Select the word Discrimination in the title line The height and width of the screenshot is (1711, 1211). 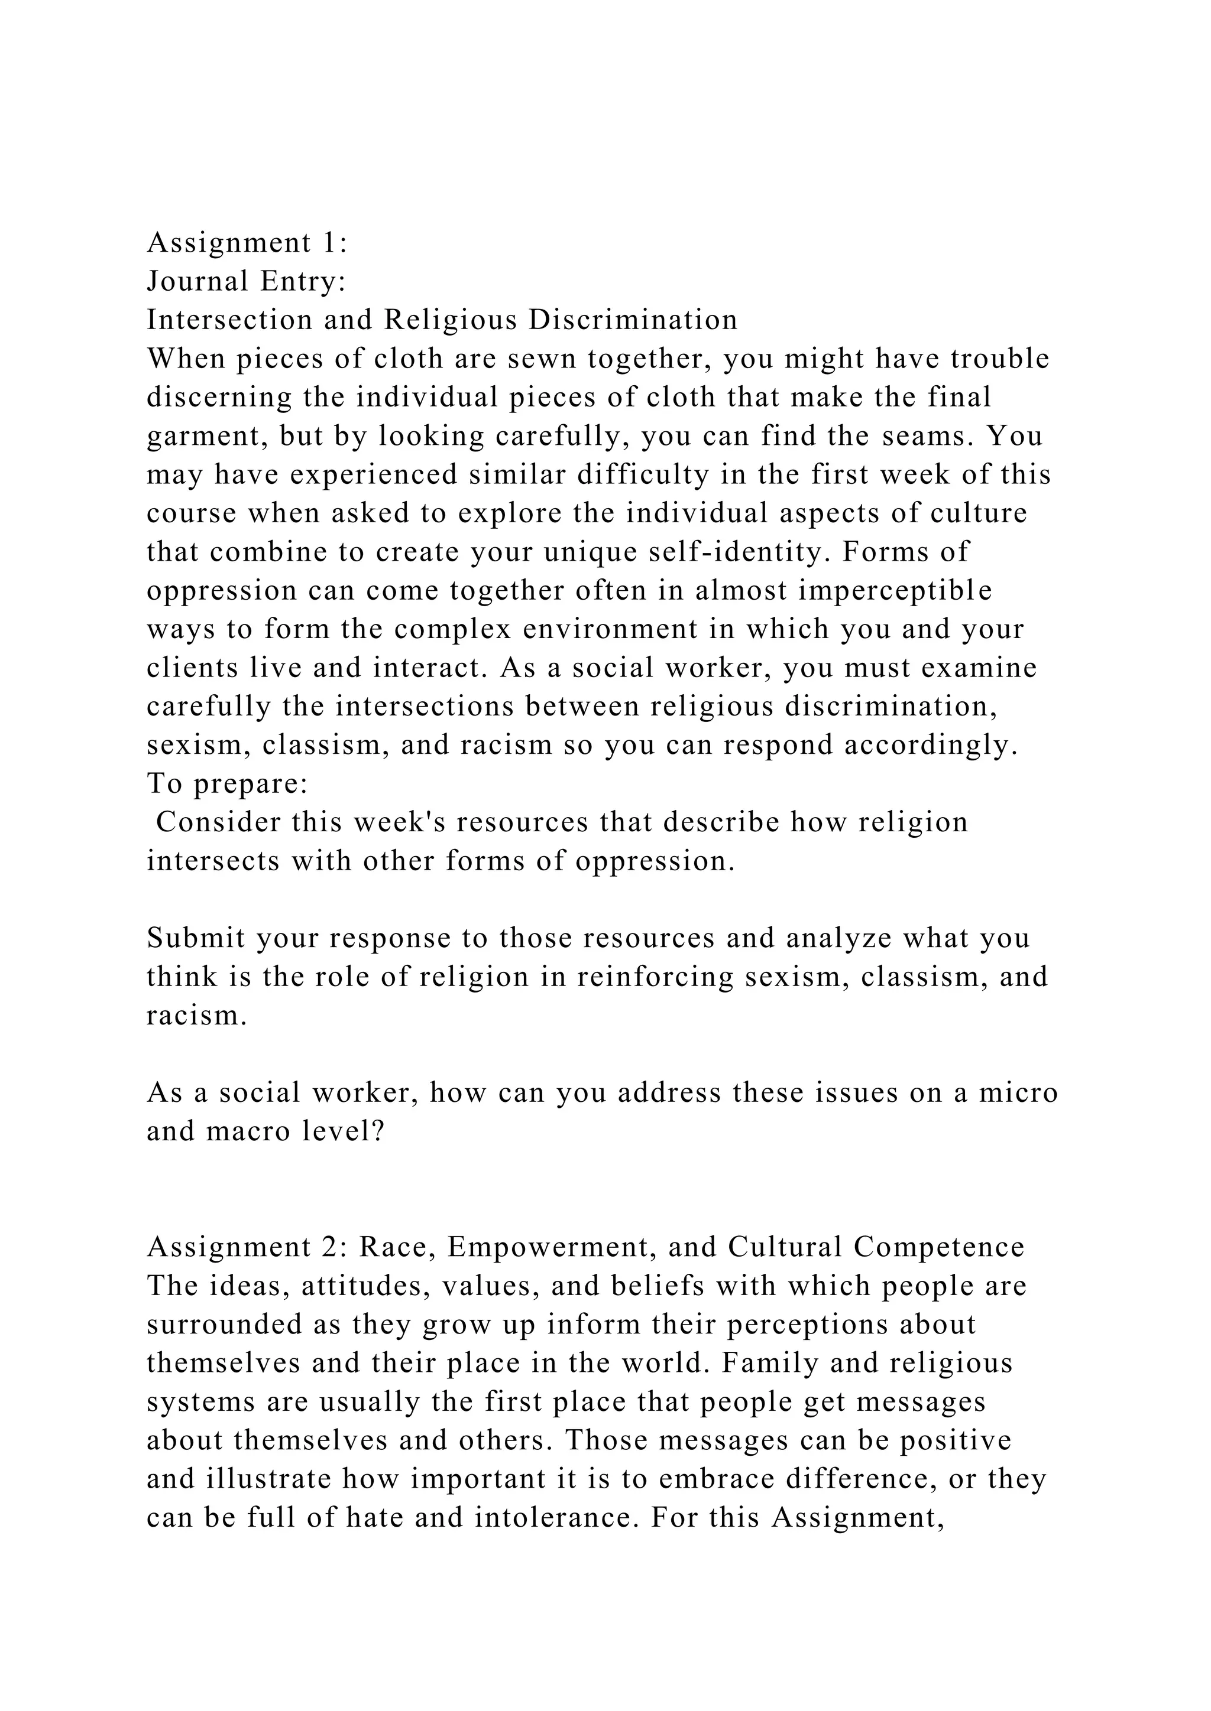tap(633, 320)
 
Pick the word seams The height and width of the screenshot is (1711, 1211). tap(927, 436)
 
